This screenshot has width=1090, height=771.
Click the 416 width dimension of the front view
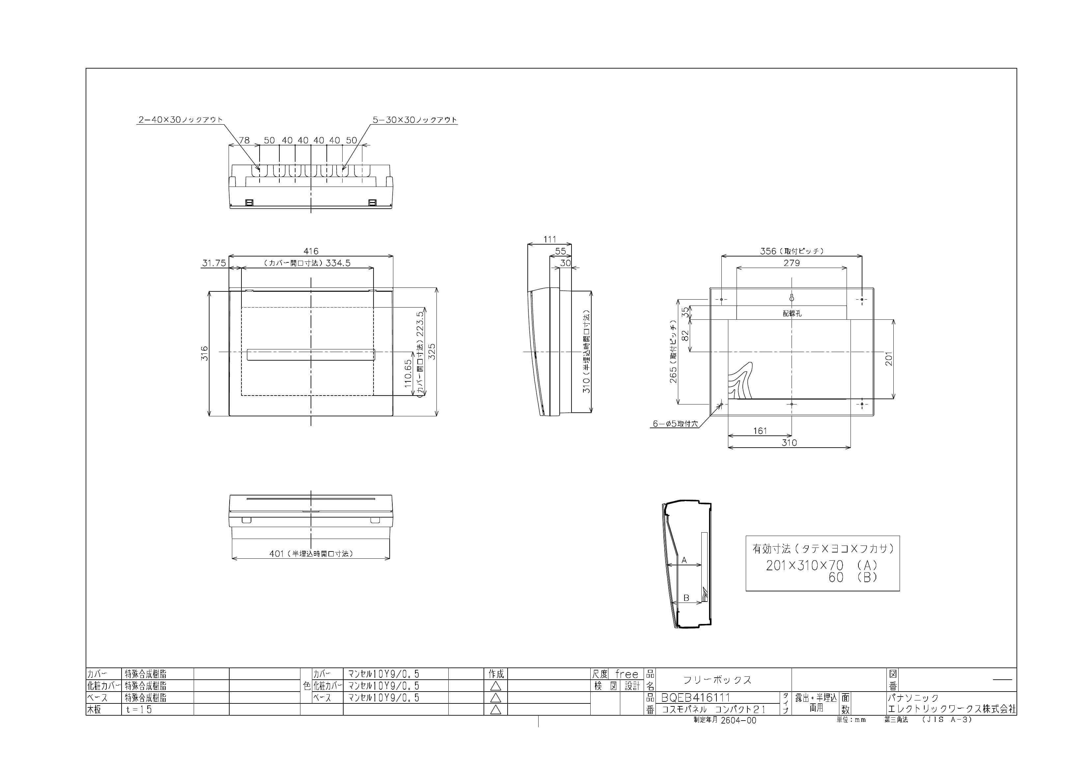pyautogui.click(x=311, y=251)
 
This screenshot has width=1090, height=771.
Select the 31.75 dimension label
pyautogui.click(x=214, y=263)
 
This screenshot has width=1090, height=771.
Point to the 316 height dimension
pyautogui.click(x=205, y=353)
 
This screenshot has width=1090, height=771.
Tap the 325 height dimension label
pyautogui.click(x=432, y=351)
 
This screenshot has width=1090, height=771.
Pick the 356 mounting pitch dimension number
pyautogui.click(x=768, y=251)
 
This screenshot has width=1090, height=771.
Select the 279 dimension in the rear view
pyautogui.click(x=791, y=263)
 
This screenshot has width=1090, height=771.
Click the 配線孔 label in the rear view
pyautogui.click(x=792, y=313)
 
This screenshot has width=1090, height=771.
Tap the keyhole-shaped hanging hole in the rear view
pyautogui.click(x=791, y=298)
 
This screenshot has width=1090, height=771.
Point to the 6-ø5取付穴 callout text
pyautogui.click(x=675, y=424)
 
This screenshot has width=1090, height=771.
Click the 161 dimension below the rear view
pyautogui.click(x=760, y=431)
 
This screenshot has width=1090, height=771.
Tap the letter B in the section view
pyautogui.click(x=686, y=598)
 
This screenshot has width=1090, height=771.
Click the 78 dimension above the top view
pyautogui.click(x=244, y=141)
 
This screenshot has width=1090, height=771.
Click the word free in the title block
pyautogui.click(x=627, y=674)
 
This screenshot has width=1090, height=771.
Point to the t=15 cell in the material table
pyautogui.click(x=139, y=710)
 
